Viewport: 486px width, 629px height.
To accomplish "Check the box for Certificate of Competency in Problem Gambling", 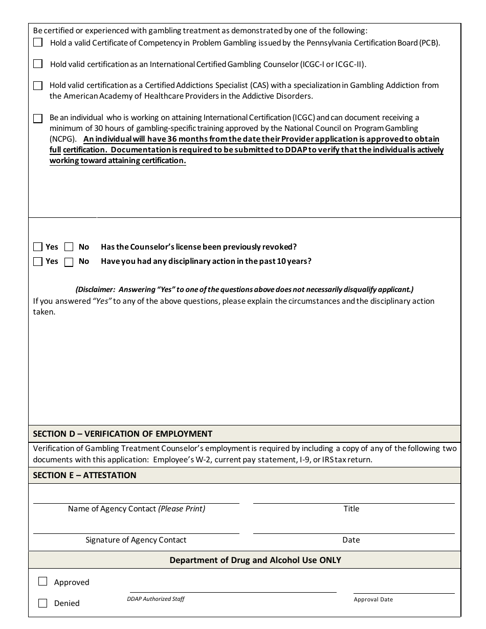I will [38, 42].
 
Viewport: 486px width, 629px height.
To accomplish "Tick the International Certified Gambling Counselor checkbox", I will [38, 64].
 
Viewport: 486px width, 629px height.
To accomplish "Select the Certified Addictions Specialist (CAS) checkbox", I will [38, 85].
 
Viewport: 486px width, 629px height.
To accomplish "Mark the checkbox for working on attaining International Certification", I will [38, 118].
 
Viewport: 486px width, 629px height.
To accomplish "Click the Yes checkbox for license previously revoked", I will [38, 246].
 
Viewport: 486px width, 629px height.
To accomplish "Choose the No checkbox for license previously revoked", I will [69, 246].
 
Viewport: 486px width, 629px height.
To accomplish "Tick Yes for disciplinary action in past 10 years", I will [38, 261].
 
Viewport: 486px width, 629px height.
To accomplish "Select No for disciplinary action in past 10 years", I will [69, 262].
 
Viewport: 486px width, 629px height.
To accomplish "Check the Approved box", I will [43, 581].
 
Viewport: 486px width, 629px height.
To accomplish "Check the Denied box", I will [43, 603].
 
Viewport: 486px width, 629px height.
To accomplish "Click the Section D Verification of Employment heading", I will [123, 434].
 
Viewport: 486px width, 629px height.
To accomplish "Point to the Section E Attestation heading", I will [85, 475].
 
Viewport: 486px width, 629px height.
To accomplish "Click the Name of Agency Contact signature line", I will [136, 502].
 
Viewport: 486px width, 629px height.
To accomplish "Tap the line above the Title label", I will [354, 502].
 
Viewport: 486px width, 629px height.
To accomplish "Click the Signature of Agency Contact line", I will [136, 532].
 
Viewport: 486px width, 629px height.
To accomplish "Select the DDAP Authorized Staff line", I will [233, 591].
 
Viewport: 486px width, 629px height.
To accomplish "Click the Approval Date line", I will [404, 592].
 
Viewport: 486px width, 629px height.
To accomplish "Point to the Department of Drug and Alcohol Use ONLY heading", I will [255, 560].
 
